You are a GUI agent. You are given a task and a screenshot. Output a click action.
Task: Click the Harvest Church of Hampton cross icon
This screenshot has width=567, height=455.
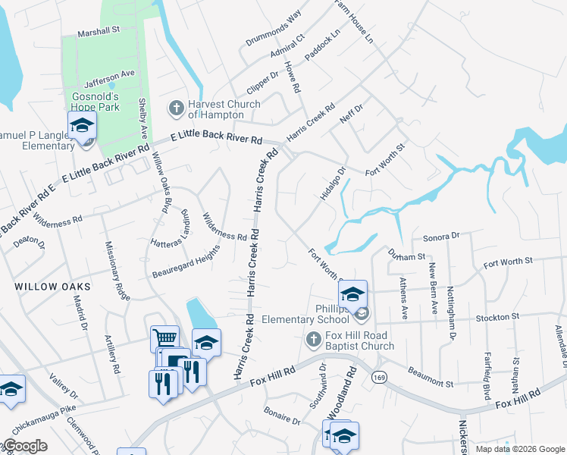pos(176,108)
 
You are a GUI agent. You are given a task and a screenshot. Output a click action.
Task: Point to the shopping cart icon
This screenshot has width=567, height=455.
pos(164,337)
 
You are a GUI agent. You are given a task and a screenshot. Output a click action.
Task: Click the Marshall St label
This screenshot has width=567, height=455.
pos(100,32)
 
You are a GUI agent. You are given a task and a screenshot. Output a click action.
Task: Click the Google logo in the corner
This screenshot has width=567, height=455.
pos(25,446)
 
